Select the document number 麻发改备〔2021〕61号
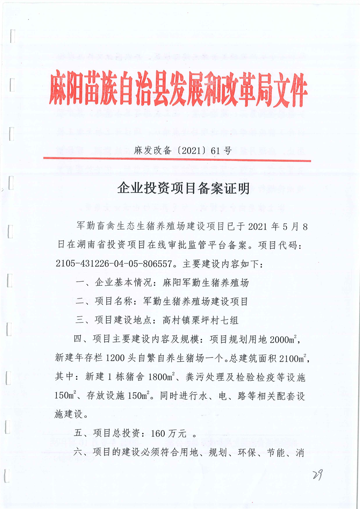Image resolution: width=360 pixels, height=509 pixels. point(182,151)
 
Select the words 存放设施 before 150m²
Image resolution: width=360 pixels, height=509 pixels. point(104,395)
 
